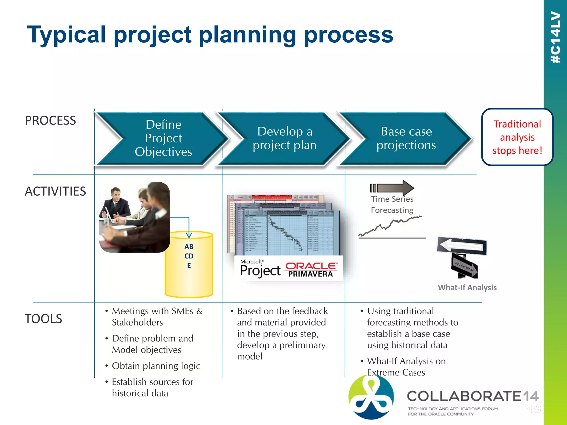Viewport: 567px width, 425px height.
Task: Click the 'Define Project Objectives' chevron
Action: coord(163,138)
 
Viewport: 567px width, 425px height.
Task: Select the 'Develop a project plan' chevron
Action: coord(285,138)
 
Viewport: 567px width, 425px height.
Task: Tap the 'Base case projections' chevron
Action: coord(406,138)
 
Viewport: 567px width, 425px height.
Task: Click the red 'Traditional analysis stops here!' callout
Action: coord(517,137)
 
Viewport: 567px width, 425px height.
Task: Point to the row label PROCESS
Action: coord(50,121)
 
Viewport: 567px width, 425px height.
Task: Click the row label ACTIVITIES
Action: coord(55,191)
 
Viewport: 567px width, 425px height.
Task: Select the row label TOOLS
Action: coord(43,319)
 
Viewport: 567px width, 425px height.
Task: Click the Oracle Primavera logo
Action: coord(311,269)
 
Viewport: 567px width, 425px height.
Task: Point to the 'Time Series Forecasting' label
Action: coord(392,204)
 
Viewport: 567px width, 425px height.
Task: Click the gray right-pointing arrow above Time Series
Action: coord(393,188)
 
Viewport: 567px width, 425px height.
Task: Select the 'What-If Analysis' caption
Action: coord(467,287)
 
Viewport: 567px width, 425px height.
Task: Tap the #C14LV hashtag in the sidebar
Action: coord(555,37)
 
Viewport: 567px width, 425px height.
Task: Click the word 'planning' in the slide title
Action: coord(248,35)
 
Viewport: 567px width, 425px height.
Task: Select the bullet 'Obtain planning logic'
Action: coord(156,366)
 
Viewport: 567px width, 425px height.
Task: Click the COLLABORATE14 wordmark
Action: coord(472,396)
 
